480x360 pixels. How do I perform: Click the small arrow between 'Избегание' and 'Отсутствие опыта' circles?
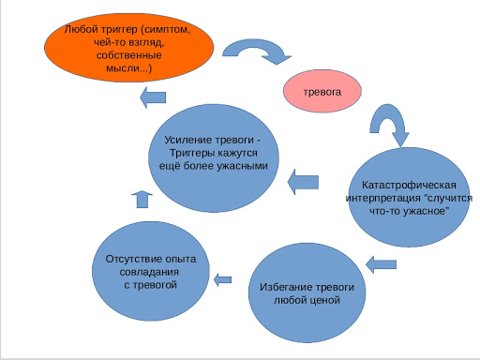coord(223,277)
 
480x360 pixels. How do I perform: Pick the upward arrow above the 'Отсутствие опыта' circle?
coord(141,197)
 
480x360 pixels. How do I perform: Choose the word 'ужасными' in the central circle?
coord(242,165)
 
